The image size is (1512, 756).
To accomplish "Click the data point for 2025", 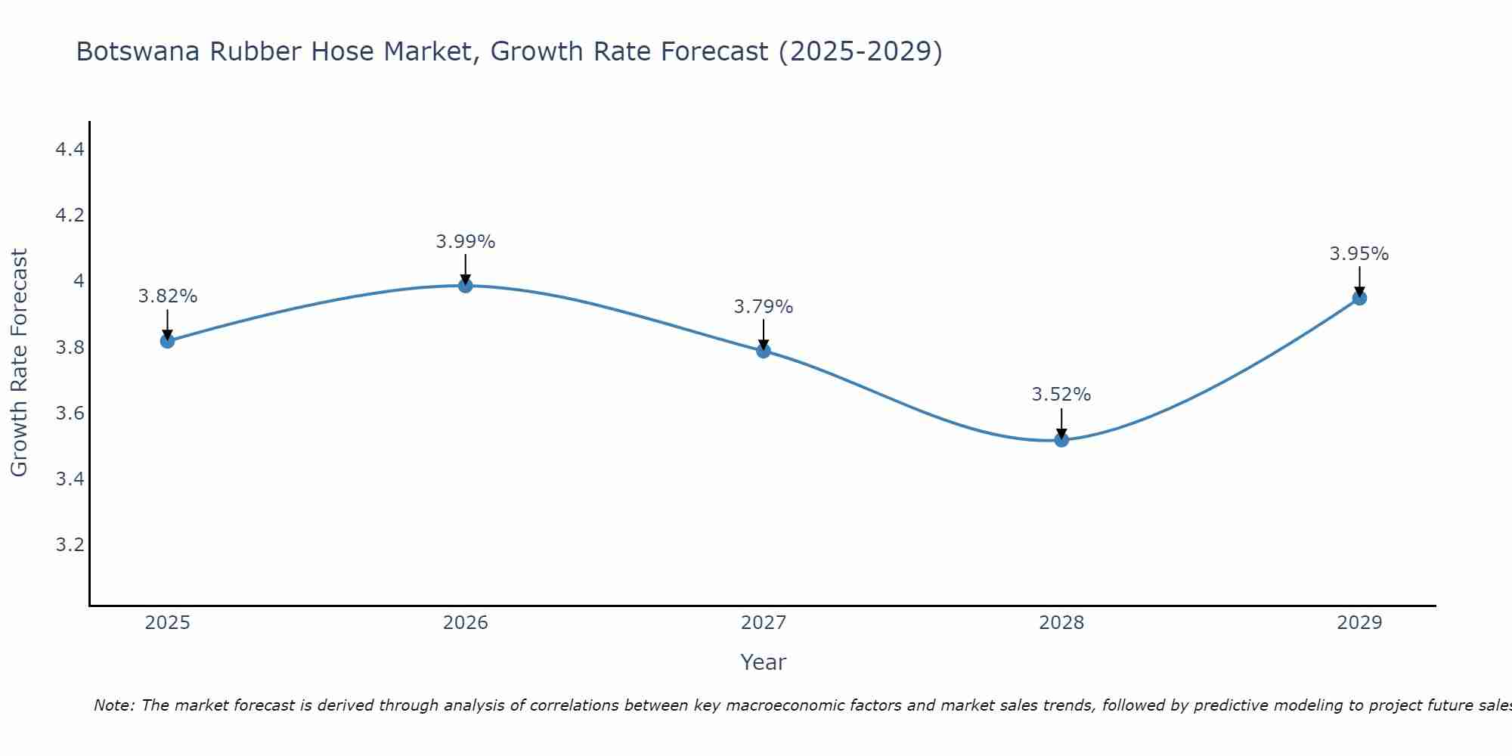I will click(167, 341).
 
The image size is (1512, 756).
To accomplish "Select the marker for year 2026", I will click(466, 285).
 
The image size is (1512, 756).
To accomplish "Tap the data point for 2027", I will click(764, 351).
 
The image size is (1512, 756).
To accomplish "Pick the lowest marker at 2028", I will click(1061, 440).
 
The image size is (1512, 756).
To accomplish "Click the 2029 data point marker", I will click(1359, 298).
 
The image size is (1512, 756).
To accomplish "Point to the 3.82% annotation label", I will click(167, 296).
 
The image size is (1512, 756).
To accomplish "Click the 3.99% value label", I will click(466, 242).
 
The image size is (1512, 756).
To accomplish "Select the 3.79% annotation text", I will click(764, 307).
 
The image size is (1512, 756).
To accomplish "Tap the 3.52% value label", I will click(1061, 395).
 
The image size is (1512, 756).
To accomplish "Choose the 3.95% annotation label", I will click(1359, 254).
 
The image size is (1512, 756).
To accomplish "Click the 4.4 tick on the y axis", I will click(70, 150).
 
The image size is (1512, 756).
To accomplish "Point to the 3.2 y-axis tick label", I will click(70, 545).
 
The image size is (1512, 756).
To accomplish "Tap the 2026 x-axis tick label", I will click(466, 623).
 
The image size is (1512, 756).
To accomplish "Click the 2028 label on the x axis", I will click(1061, 623).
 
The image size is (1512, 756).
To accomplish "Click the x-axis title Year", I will click(764, 662).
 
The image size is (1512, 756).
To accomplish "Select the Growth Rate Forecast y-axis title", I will click(19, 363).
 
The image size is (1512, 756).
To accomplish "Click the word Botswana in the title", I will click(138, 51).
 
